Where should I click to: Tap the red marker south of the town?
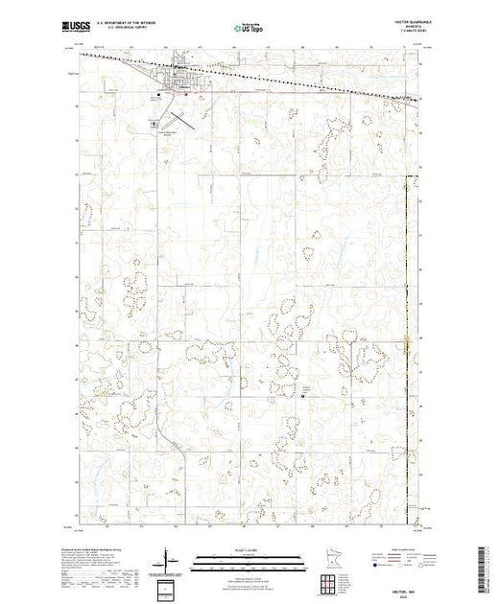pos(184,94)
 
